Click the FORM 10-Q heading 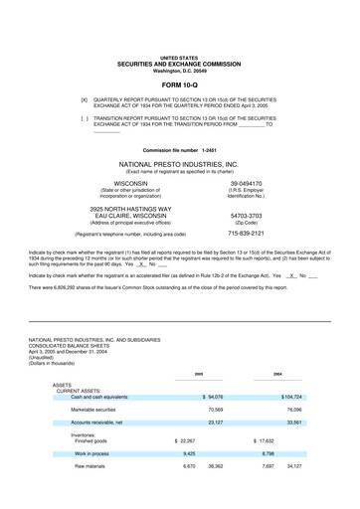pos(179,86)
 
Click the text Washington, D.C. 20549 pos(179,72)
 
